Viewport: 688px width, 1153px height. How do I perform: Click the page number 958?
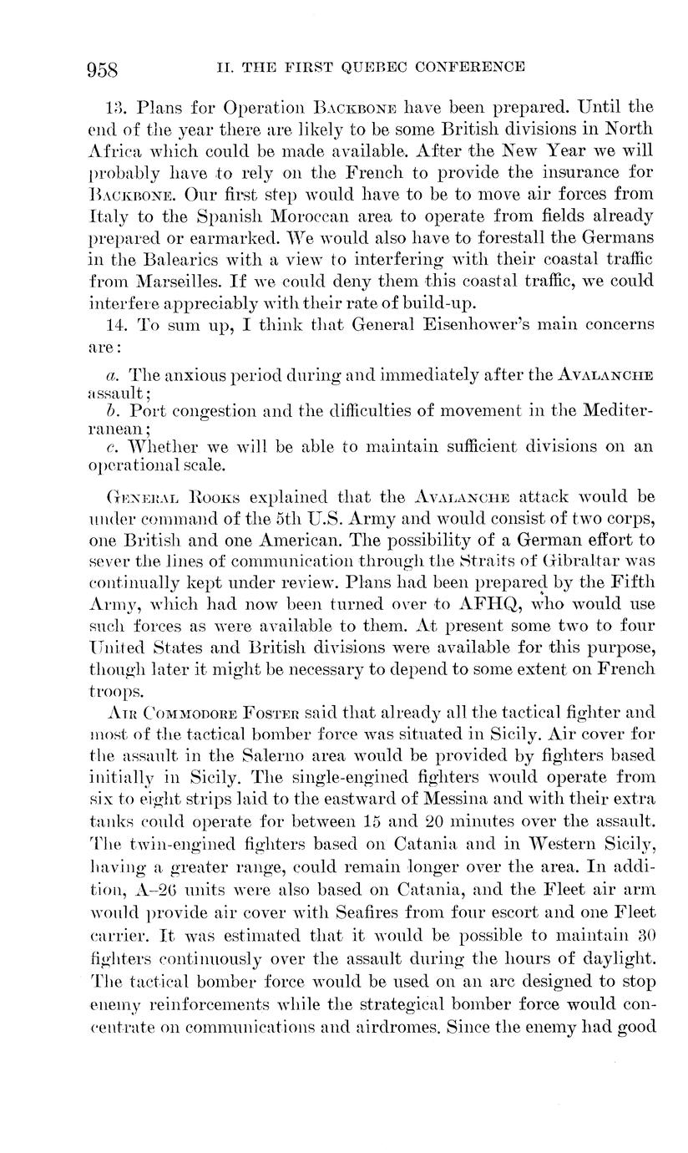click(104, 69)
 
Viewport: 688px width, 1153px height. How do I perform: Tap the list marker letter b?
click(111, 411)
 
